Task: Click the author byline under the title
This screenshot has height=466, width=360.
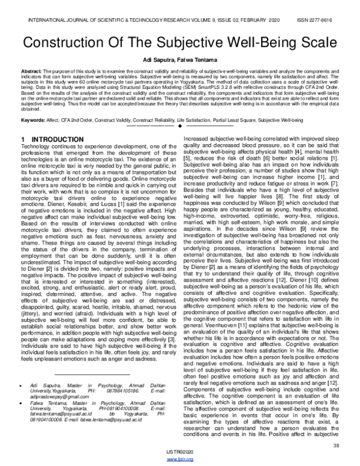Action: point(180,62)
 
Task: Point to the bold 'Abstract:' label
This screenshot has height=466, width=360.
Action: point(31,73)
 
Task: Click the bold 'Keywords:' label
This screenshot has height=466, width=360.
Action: point(33,120)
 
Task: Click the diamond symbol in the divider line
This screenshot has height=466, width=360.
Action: point(180,127)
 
